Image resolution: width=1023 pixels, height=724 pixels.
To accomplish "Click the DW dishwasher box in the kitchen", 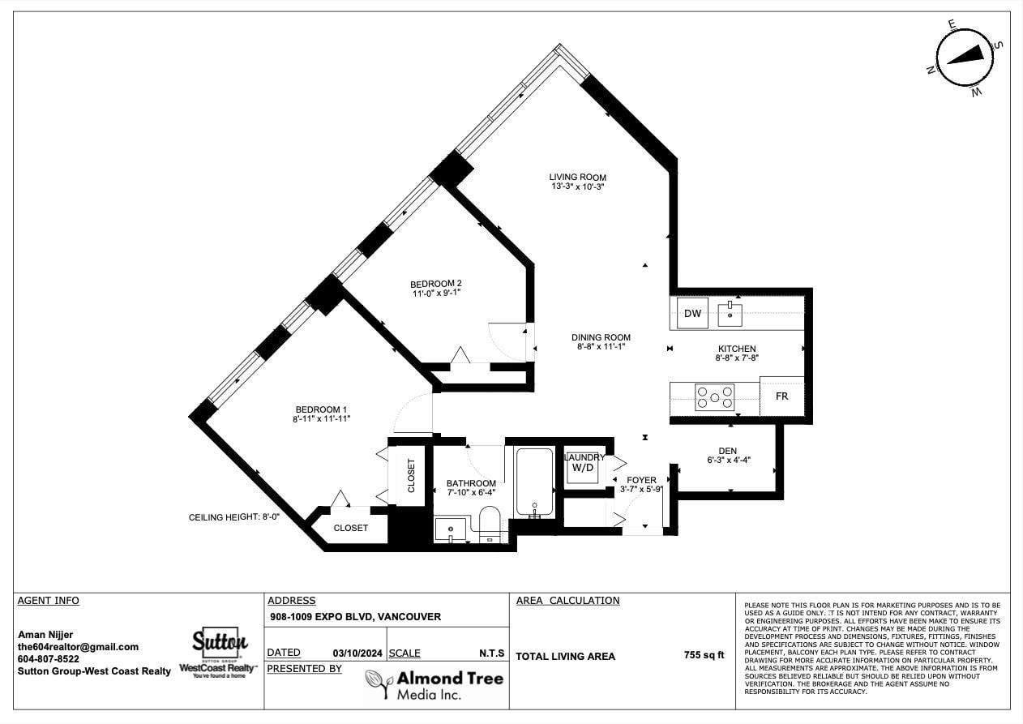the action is [x=692, y=313].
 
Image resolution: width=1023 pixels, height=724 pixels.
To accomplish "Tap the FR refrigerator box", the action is [x=781, y=396].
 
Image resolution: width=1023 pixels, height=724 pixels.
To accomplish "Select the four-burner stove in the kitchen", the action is [x=714, y=397].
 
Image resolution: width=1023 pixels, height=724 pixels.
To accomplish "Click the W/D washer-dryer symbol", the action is [x=583, y=467].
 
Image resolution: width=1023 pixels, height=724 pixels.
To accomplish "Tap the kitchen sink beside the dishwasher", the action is [x=730, y=314].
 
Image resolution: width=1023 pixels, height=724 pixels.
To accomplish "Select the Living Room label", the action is [x=578, y=178].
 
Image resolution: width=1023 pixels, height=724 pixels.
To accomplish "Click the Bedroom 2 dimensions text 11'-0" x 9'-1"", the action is [x=437, y=293].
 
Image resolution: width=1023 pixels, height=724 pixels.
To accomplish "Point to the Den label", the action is [x=727, y=451].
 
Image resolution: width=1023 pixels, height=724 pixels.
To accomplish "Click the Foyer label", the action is [x=641, y=480].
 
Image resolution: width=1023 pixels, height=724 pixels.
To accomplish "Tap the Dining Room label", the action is [x=601, y=337].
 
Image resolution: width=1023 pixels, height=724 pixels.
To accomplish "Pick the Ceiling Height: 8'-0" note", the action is [x=233, y=517].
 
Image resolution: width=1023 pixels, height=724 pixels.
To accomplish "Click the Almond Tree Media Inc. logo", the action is [x=434, y=685].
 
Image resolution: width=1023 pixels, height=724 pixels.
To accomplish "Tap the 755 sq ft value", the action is [x=704, y=655].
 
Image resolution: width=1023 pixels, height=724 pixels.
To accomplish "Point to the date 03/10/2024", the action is [x=357, y=653].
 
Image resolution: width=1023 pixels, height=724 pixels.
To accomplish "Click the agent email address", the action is [x=78, y=647].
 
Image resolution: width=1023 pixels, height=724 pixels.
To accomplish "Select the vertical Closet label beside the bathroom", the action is [x=411, y=476].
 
